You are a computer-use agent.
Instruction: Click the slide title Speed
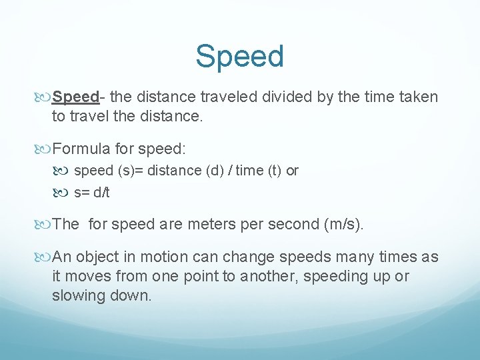point(239,57)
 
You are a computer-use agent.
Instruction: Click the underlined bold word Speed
point(75,97)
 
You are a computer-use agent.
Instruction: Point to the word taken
point(419,97)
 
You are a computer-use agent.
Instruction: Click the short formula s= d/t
point(92,193)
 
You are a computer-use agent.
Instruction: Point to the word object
point(99,256)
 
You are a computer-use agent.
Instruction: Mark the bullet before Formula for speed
point(45,148)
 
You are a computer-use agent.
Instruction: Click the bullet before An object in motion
point(45,257)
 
